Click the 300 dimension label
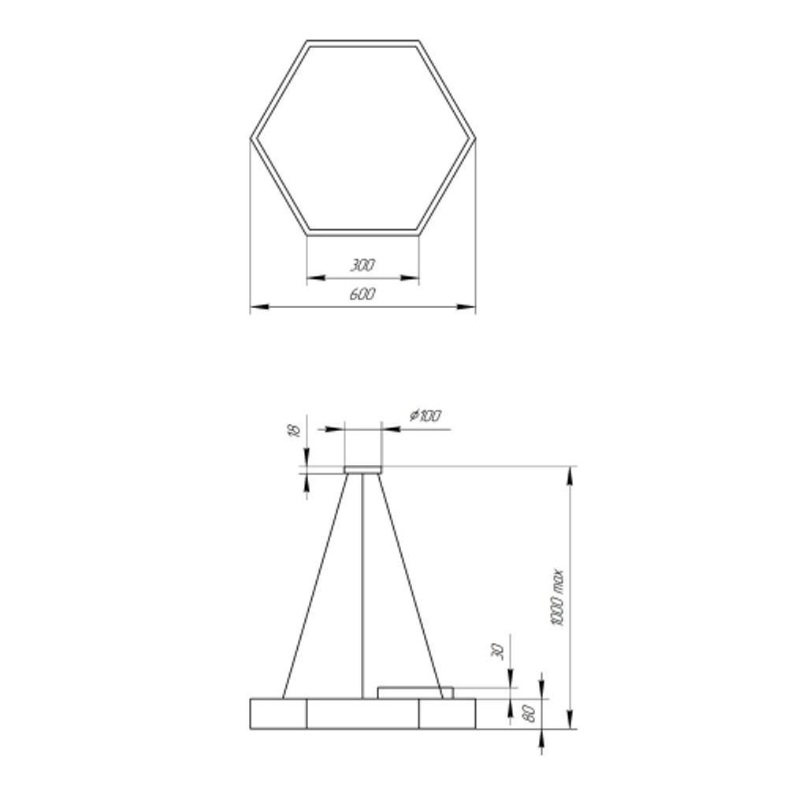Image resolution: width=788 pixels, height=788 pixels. [x=362, y=266]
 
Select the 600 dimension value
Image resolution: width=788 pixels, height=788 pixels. [x=362, y=295]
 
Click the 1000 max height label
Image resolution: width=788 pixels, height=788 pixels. [x=557, y=597]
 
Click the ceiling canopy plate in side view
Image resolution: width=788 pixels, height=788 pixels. [x=363, y=470]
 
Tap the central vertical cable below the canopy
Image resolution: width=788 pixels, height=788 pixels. [x=363, y=583]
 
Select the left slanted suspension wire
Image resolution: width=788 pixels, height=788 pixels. [x=315, y=583]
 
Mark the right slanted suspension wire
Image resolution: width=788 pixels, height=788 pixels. [x=411, y=583]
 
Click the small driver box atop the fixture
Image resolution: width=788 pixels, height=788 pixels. [x=415, y=693]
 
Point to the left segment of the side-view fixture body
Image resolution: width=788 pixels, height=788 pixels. [x=278, y=713]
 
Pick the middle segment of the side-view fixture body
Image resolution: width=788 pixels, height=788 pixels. [x=362, y=713]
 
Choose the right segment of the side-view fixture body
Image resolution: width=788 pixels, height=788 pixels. [x=448, y=713]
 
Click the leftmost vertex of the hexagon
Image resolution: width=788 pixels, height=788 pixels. [x=251, y=138]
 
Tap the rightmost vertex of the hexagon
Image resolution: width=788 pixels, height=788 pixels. [x=475, y=138]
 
